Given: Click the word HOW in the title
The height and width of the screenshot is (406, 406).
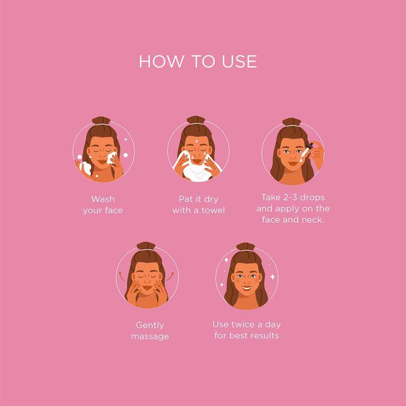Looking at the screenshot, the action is [x=160, y=61].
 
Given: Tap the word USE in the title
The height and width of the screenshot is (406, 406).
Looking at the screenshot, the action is [x=239, y=61].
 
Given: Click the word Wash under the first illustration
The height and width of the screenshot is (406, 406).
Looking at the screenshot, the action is [x=103, y=199].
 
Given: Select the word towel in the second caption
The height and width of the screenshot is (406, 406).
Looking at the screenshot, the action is [x=213, y=210].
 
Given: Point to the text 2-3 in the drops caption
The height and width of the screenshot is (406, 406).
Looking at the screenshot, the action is [x=290, y=197].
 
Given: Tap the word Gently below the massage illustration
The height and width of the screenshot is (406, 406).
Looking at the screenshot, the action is [x=150, y=325].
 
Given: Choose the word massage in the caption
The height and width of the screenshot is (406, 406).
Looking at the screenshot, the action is [x=150, y=337].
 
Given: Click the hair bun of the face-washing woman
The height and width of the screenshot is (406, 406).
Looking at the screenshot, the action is [x=101, y=120].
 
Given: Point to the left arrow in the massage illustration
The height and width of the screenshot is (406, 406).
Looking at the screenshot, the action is [x=121, y=276].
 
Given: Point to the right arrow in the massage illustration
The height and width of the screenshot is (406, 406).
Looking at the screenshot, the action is [x=171, y=276].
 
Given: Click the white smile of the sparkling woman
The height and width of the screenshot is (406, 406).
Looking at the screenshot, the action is [x=246, y=288].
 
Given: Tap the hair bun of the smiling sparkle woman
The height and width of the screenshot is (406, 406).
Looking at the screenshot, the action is [x=246, y=247].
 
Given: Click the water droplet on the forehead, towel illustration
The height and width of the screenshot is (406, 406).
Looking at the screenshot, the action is [x=196, y=142].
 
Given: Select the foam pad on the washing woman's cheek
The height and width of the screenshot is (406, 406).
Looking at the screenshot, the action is [x=112, y=158].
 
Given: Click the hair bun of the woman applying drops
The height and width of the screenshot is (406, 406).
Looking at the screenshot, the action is [x=291, y=122].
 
